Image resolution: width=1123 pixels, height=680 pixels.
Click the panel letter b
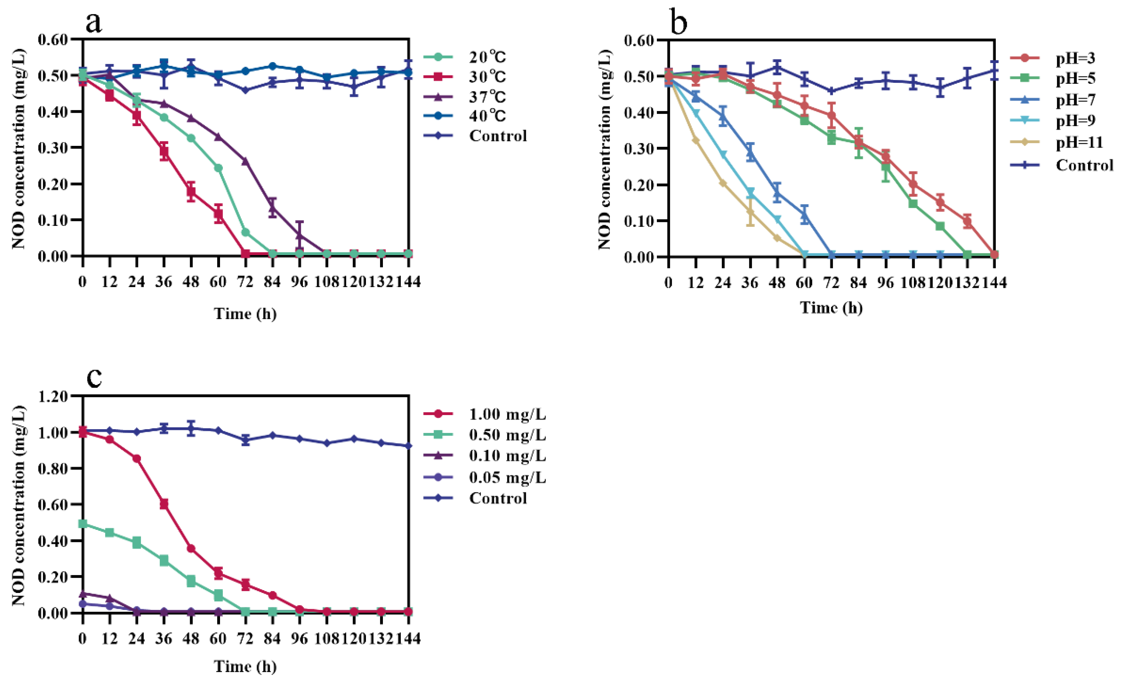pyautogui.click(x=679, y=23)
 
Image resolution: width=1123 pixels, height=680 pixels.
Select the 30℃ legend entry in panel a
pyautogui.click(x=487, y=76)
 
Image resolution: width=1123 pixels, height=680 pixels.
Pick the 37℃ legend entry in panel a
pyautogui.click(x=487, y=97)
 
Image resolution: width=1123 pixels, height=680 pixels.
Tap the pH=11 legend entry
pyautogui.click(x=1079, y=143)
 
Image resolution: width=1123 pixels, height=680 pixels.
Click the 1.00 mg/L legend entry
pyautogui.click(x=507, y=414)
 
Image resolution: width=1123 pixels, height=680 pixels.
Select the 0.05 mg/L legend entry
pyautogui.click(x=507, y=477)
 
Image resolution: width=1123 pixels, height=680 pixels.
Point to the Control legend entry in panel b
pyautogui.click(x=1084, y=165)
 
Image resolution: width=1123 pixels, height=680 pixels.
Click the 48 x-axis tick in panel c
pyautogui.click(x=191, y=638)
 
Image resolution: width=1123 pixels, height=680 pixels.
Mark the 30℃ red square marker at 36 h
pyautogui.click(x=164, y=152)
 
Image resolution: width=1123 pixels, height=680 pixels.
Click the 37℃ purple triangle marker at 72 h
pyautogui.click(x=245, y=161)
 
